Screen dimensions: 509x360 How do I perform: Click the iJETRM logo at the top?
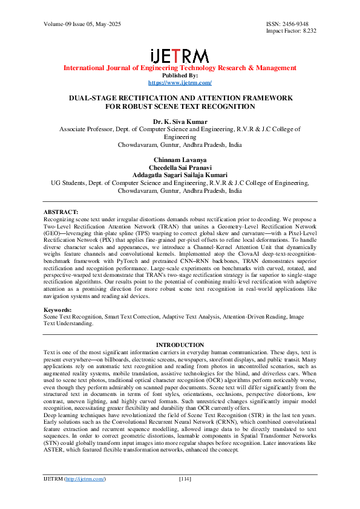180,55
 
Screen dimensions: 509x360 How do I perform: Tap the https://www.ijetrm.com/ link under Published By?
180,82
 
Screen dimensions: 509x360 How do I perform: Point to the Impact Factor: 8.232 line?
291,30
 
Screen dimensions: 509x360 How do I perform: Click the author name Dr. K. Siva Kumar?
180,121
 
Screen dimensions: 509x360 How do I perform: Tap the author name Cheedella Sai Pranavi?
180,164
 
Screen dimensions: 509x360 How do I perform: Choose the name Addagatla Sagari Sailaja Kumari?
180,173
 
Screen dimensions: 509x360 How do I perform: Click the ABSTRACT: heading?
62,212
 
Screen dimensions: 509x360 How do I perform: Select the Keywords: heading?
59,310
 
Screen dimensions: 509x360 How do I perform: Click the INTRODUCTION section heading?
180,345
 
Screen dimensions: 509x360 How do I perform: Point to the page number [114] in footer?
185,496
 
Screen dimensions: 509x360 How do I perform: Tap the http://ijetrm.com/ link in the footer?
86,496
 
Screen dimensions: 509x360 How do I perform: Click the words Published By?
180,76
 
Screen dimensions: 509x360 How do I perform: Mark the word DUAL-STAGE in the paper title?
93,97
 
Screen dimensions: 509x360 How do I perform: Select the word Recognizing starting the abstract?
61,219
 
